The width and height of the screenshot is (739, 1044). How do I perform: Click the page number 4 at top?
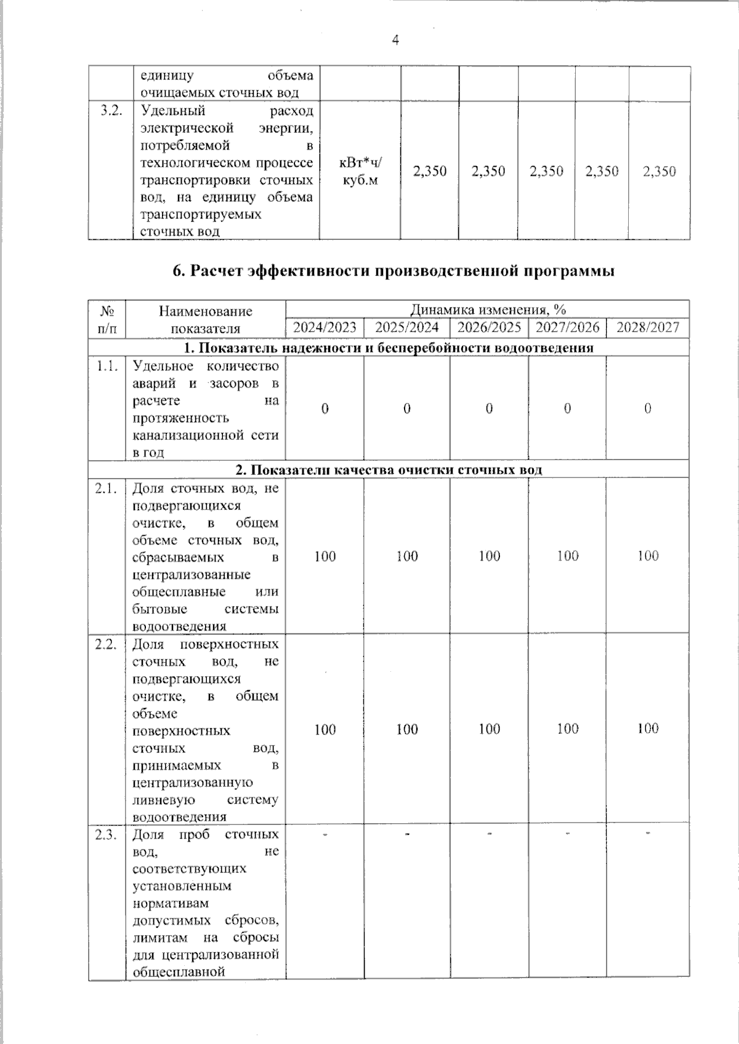(395, 41)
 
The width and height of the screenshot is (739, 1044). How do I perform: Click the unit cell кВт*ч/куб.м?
(360, 172)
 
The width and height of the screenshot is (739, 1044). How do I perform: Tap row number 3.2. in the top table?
(111, 111)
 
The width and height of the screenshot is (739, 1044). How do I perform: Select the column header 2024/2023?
(325, 327)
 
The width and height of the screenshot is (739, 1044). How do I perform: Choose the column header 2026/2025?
(489, 327)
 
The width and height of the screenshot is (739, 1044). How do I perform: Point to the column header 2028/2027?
(648, 327)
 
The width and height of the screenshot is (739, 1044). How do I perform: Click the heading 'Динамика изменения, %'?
(488, 309)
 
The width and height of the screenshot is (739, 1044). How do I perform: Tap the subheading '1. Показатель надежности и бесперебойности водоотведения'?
(389, 348)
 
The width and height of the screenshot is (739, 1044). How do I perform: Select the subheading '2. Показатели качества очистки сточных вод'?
(389, 470)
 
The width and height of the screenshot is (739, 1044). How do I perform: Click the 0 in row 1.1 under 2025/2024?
(407, 408)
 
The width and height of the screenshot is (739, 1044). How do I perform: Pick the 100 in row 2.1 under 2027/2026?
(567, 556)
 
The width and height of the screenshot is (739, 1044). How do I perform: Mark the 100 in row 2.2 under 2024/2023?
(325, 730)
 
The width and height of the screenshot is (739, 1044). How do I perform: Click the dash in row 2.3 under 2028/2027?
(648, 834)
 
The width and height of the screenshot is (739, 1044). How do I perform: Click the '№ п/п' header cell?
(107, 319)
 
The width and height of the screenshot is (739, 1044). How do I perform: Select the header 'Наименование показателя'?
(205, 319)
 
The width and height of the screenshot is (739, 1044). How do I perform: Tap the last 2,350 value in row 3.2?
(659, 172)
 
